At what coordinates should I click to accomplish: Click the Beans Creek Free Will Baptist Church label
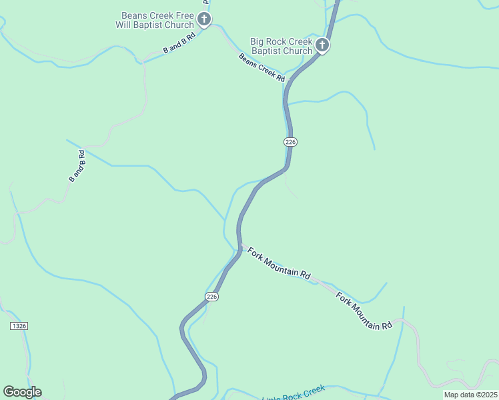[x=157, y=20]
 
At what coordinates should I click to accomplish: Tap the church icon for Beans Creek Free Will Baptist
[x=204, y=19]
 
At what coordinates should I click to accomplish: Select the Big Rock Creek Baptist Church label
[x=281, y=46]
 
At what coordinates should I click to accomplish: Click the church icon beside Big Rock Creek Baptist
[x=322, y=45]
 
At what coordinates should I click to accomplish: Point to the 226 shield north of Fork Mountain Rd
[x=290, y=142]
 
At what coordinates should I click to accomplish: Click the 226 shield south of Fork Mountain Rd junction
[x=211, y=297]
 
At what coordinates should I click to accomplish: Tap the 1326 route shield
[x=19, y=325]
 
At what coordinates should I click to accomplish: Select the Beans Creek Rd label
[x=262, y=67]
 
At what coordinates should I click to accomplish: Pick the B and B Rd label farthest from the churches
[x=78, y=167]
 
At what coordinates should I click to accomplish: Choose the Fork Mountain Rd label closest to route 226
[x=279, y=263]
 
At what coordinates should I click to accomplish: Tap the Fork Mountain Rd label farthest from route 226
[x=364, y=311]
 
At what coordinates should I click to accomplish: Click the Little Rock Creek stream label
[x=294, y=393]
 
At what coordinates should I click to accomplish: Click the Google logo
[x=22, y=392]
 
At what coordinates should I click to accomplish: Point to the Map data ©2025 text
[x=470, y=395]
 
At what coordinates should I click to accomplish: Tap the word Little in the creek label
[x=272, y=396]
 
